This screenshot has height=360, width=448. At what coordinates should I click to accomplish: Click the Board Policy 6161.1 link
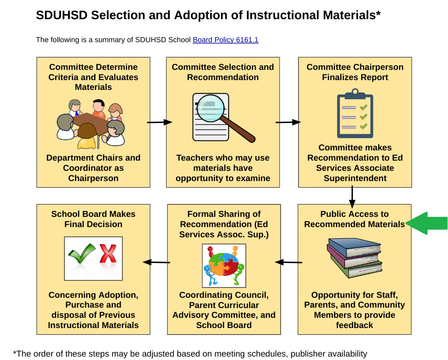225,40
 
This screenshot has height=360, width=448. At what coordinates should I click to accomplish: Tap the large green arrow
428,223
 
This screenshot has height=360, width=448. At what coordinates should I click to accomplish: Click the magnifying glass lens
211,108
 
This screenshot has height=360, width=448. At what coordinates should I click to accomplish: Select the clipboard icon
355,114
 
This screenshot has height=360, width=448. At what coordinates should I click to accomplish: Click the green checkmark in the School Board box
82,254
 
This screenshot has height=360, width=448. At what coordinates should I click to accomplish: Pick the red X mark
108,254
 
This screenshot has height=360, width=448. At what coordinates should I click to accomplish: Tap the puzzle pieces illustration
224,265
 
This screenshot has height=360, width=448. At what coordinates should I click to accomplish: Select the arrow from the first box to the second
159,122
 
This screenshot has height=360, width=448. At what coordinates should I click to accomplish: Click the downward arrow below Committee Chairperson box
352,197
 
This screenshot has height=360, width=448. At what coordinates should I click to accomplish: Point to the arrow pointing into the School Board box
156,262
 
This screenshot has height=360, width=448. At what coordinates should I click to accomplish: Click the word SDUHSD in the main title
61,15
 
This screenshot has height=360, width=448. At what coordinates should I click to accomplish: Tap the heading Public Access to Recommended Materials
354,219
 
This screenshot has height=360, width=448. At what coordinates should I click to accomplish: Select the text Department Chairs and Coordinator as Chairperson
93,168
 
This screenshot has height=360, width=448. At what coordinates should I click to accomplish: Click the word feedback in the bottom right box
354,325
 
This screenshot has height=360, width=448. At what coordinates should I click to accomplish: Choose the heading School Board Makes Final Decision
93,219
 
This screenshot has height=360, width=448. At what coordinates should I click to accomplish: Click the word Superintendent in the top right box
355,178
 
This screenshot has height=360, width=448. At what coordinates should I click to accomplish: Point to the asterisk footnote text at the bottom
190,354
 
